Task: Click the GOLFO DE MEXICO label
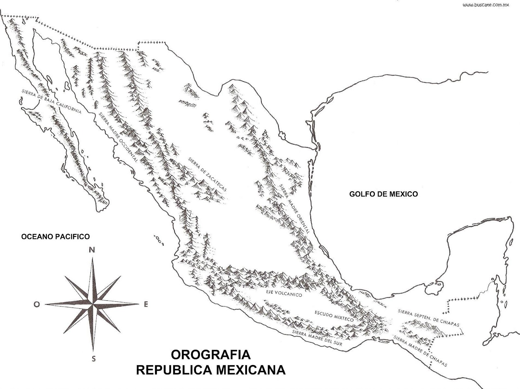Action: tap(383, 194)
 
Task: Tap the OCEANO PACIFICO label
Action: tap(55, 236)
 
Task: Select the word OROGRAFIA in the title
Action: tap(211, 354)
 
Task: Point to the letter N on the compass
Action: tap(92, 250)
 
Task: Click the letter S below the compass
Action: tap(94, 359)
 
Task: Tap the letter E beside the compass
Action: tap(146, 304)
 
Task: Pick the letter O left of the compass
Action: tap(37, 304)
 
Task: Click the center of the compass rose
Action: tap(93, 304)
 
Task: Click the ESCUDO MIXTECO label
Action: tap(334, 316)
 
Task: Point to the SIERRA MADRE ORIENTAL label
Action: tap(294, 209)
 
